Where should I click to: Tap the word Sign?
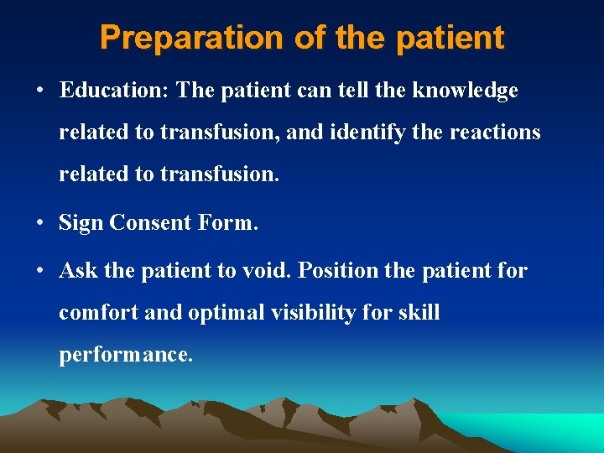[81, 222]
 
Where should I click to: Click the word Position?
[336, 271]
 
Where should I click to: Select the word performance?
[126, 355]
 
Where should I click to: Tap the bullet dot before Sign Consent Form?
[40, 223]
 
